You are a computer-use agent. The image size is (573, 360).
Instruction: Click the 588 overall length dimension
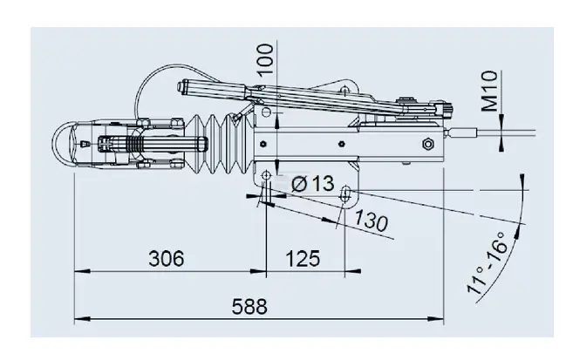(249, 307)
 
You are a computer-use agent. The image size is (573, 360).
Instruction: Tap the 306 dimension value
(167, 259)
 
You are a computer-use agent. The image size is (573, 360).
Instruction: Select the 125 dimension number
(303, 259)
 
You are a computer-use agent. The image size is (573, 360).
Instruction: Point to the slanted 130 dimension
(371, 221)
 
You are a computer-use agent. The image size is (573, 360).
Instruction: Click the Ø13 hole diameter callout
(313, 183)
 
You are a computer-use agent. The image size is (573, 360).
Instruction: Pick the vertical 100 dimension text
(266, 59)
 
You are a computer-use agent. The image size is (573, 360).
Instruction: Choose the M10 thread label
(489, 91)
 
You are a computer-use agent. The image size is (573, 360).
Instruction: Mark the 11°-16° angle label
(488, 262)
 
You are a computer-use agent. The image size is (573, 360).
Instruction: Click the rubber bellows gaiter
(219, 144)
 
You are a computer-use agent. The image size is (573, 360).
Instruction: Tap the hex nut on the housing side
(428, 144)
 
